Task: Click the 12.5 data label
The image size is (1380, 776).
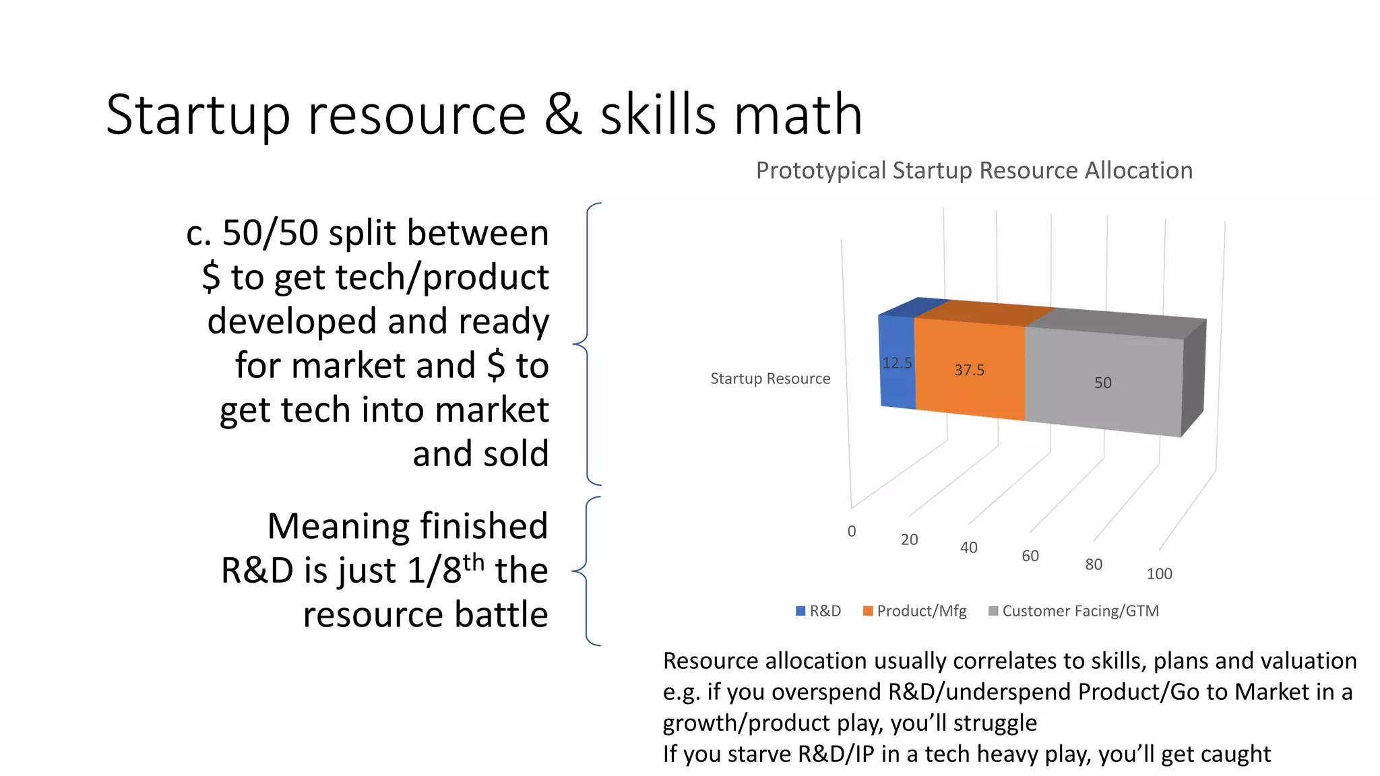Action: [x=897, y=363]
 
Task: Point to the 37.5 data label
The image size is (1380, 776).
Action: [x=970, y=370]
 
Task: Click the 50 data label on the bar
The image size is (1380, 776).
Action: [x=1102, y=383]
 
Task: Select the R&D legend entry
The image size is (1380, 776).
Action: [x=819, y=611]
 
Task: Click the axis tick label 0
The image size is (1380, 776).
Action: [x=852, y=531]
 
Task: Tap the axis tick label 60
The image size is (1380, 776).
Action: [x=1030, y=556]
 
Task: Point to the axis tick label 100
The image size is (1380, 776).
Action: [x=1159, y=574]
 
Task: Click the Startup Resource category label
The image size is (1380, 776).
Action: [x=770, y=379]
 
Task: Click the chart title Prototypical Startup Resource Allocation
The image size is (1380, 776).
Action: [x=974, y=170]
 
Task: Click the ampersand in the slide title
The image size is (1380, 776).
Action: [x=563, y=115]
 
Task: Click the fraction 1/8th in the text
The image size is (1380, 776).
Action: [x=445, y=569]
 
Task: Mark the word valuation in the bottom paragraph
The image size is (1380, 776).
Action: [x=1307, y=661]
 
